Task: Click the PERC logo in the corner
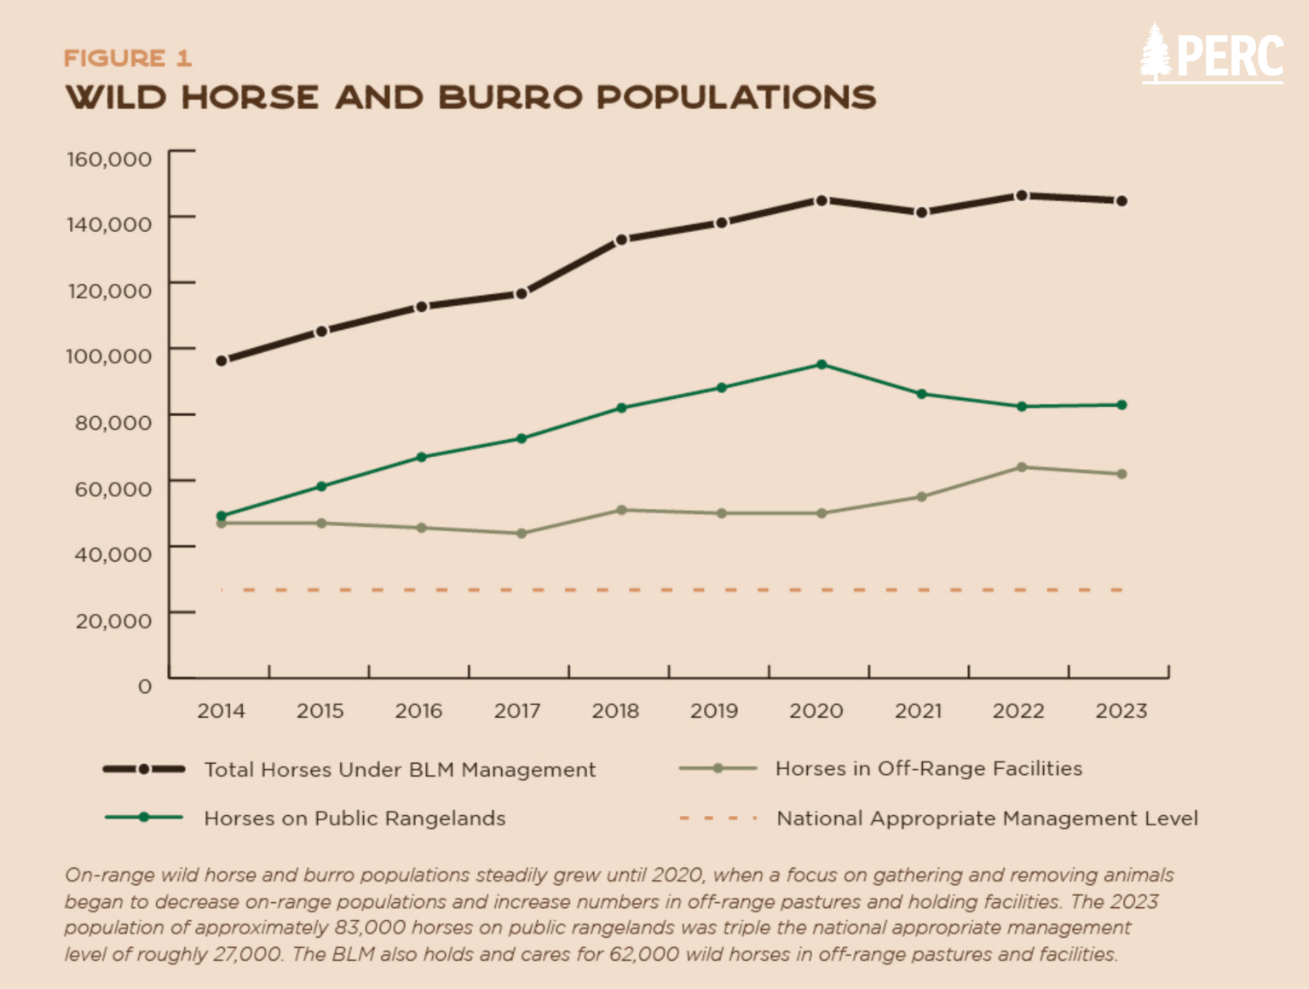click(1211, 54)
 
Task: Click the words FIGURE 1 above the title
click(128, 59)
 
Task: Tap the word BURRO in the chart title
click(510, 97)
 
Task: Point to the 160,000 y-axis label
click(110, 159)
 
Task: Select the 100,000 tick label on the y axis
click(109, 356)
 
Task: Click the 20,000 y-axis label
click(113, 621)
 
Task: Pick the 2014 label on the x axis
click(222, 711)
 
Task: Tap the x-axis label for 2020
click(816, 711)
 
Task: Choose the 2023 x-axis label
click(1122, 711)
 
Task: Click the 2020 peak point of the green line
click(822, 364)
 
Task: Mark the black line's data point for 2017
click(522, 294)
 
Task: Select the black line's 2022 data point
click(1022, 195)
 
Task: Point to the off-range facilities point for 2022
click(1022, 467)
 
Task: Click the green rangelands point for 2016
click(421, 458)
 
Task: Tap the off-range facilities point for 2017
click(522, 533)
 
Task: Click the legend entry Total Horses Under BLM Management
click(349, 770)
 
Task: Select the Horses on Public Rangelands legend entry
click(305, 818)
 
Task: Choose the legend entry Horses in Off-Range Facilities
click(880, 769)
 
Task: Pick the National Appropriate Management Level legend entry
click(938, 818)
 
